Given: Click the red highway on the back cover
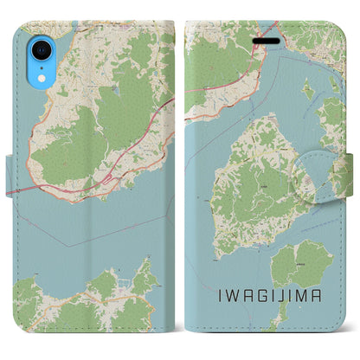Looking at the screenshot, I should (130, 130).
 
